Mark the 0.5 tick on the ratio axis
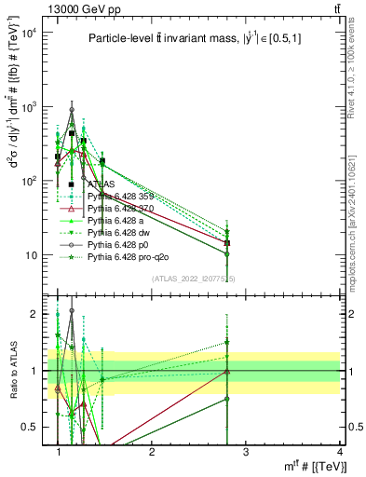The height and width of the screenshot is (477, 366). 31,427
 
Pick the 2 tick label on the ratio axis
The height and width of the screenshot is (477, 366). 34,314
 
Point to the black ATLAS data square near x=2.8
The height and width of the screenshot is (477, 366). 227,243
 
